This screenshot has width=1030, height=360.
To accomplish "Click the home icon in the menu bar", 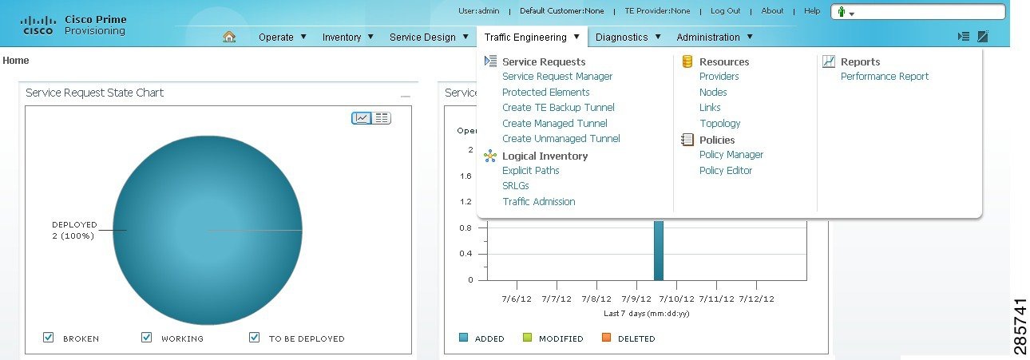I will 230,37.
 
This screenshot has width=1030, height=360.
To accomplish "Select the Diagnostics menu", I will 628,37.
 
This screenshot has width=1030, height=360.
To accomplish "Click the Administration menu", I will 715,37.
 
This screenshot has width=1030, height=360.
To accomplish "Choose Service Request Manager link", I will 557,77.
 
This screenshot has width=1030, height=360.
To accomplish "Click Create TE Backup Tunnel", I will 558,108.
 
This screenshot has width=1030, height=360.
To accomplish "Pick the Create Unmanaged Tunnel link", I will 561,139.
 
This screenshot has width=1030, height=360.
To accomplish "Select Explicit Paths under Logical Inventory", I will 531,171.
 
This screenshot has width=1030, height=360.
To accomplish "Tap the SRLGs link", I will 516,186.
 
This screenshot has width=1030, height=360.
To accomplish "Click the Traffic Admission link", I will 539,202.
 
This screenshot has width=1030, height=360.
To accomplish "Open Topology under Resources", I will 720,124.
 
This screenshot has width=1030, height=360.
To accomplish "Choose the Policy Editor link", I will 726,171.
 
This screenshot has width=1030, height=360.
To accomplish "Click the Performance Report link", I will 885,77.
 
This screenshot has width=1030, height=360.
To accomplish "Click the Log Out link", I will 726,11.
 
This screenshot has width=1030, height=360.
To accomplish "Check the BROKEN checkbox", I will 49,338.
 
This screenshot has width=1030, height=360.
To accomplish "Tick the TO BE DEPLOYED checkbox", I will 255,338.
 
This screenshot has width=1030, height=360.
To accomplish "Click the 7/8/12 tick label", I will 596,299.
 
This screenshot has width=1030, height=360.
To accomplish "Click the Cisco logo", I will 38,25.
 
